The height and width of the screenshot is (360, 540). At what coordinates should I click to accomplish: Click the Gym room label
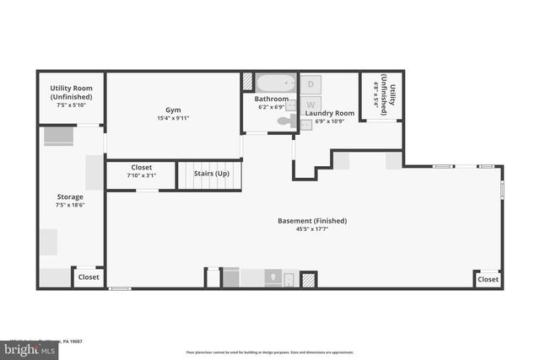coord(172,110)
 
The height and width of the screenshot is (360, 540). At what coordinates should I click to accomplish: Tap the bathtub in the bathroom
coord(275,83)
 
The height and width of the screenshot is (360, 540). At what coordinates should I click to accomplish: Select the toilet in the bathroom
coord(284,123)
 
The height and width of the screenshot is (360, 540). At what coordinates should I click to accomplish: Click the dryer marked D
coord(310,84)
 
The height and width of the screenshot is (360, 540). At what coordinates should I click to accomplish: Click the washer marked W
coord(310,104)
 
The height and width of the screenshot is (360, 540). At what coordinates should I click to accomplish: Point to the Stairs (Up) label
coord(211,173)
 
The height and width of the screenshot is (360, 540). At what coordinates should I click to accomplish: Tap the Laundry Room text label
coord(330,113)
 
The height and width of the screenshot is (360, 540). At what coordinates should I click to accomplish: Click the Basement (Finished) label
coord(311,221)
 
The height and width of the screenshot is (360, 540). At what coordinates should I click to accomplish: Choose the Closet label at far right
coord(488,279)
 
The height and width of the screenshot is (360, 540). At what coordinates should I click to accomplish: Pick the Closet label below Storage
coord(89,277)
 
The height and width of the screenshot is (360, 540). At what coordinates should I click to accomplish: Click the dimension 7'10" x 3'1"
coord(141,175)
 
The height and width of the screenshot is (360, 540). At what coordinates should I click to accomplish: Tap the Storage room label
coord(70,196)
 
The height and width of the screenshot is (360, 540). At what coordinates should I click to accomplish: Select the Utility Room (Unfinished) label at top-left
coord(71,91)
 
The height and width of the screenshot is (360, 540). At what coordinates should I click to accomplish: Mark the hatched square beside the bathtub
coord(247,83)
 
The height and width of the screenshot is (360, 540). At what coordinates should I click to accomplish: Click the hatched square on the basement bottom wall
coord(309,279)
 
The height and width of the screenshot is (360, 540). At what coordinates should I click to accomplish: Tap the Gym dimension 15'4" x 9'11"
coord(172,118)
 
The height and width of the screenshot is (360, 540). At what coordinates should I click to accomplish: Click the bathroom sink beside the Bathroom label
coord(291,105)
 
